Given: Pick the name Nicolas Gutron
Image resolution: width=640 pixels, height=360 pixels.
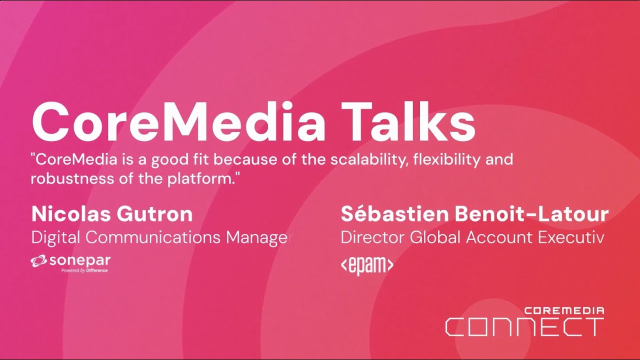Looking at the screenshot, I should [x=112, y=214].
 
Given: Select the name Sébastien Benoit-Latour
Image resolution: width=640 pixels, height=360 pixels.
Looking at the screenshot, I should [x=474, y=214].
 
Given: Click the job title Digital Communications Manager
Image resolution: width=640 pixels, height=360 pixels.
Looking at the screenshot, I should [x=161, y=237].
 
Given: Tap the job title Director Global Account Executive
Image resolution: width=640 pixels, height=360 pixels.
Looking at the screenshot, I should [x=472, y=237].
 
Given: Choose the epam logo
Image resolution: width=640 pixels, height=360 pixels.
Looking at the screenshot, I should [x=366, y=265].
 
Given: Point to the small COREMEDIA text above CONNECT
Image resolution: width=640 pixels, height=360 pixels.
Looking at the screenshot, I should [x=564, y=310].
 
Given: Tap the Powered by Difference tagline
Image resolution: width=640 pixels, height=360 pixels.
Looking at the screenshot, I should [x=84, y=270].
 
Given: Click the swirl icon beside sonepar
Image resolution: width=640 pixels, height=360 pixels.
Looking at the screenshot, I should [x=38, y=260].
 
